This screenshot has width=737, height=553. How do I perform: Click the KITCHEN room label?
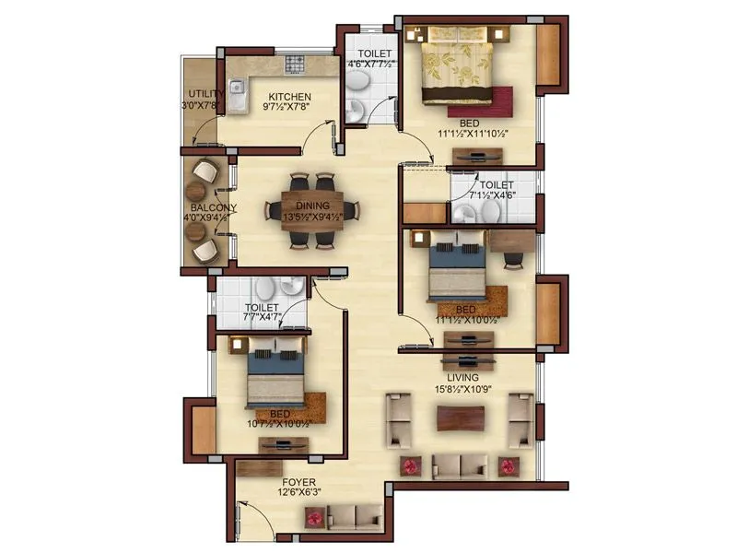pyautogui.click(x=289, y=96)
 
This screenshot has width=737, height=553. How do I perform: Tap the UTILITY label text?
pyautogui.click(x=203, y=93)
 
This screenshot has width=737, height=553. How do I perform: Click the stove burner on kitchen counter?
pyautogui.click(x=295, y=64)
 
